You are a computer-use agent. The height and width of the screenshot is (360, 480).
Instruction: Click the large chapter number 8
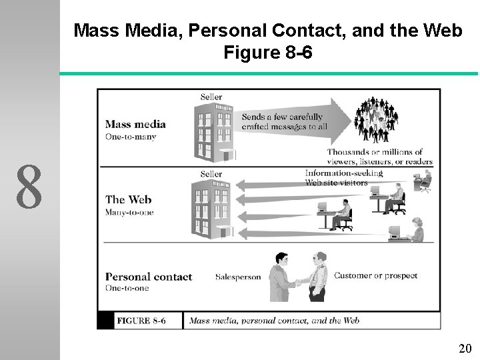30,187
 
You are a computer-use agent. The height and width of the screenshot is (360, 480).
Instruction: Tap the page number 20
465,348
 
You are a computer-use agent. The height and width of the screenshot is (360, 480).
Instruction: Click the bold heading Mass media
135,124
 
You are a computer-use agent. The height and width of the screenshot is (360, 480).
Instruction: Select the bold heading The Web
129,199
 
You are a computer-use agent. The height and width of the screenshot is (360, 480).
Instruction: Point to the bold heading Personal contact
149,277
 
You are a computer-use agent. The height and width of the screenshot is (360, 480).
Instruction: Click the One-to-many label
131,137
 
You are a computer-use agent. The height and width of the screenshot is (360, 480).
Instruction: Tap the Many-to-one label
129,213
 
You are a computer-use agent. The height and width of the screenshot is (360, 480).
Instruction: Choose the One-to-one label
127,288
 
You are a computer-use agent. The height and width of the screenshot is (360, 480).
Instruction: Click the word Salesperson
238,277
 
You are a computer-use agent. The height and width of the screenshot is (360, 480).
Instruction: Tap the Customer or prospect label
375,275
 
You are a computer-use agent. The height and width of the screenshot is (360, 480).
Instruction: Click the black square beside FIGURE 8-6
105,320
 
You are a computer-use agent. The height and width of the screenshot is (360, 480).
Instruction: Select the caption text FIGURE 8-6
141,321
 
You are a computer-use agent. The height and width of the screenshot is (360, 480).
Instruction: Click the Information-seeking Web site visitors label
343,177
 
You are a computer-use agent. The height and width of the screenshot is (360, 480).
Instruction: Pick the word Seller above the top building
211,97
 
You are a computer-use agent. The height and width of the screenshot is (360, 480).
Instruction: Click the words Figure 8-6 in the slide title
268,52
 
